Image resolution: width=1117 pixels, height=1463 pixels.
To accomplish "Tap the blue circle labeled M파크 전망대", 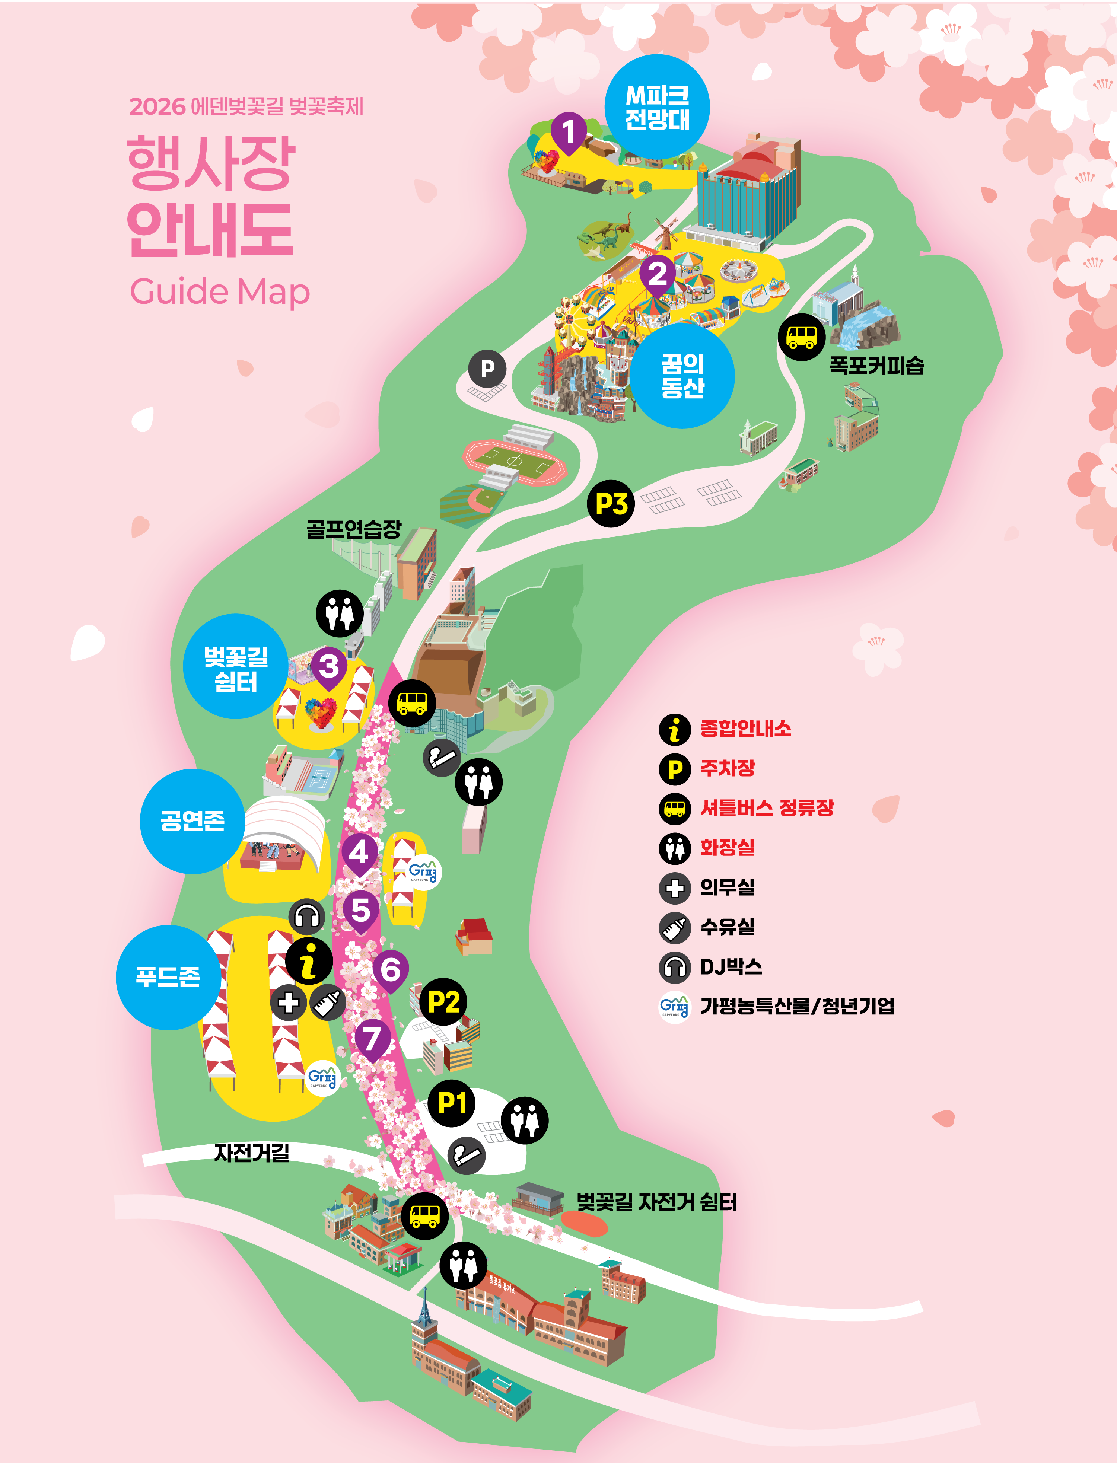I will (657, 107).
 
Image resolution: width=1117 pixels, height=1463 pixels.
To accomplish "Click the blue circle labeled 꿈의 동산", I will (682, 376).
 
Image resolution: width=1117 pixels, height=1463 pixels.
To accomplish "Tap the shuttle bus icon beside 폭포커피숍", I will (801, 337).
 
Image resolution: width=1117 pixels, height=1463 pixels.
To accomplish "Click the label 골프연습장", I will (354, 529).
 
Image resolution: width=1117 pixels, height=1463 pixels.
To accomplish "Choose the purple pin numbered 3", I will (329, 666).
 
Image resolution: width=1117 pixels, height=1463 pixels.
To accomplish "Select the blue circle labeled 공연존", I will (192, 821).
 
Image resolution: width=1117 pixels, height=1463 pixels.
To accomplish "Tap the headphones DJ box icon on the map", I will (307, 917).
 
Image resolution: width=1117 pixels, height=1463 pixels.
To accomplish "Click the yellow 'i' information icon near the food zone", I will (309, 961).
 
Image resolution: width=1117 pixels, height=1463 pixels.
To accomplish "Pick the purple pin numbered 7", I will (372, 1038).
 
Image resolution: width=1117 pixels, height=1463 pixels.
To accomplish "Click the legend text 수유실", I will (728, 927).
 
